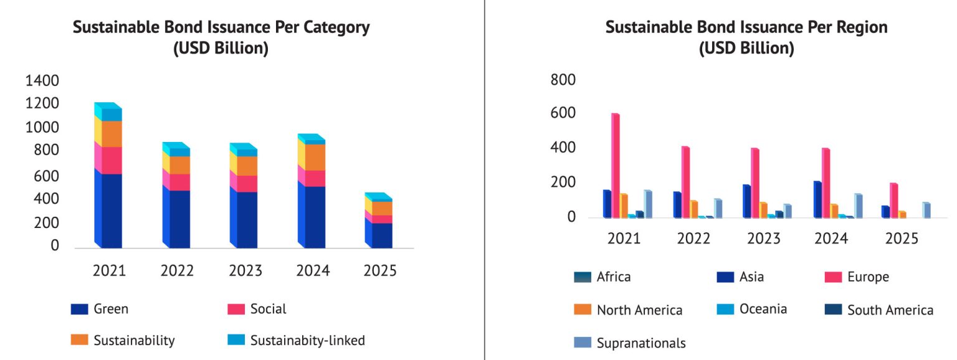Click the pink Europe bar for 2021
(x=616, y=166)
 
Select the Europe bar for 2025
(x=893, y=201)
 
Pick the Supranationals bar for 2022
(x=701, y=208)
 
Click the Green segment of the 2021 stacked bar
(x=108, y=210)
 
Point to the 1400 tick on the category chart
(x=41, y=80)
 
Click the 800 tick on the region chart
(x=563, y=80)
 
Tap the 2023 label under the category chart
(x=245, y=271)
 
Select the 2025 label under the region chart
(x=902, y=239)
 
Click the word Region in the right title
(x=857, y=28)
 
